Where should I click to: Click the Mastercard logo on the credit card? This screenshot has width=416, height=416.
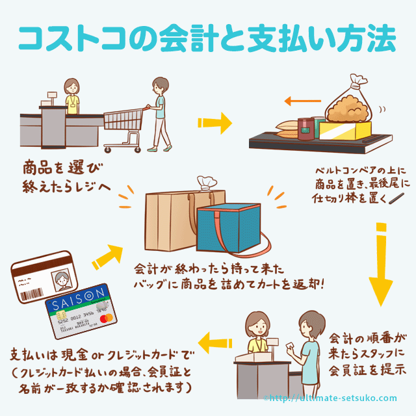tap(107, 318)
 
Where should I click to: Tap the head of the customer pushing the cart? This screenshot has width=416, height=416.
tap(159, 85)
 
